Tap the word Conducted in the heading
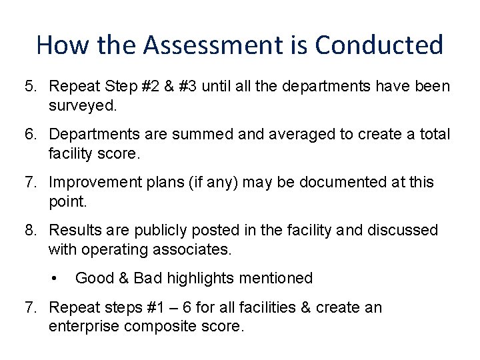coord(379,45)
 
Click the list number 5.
coord(30,87)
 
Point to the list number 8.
coord(30,231)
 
